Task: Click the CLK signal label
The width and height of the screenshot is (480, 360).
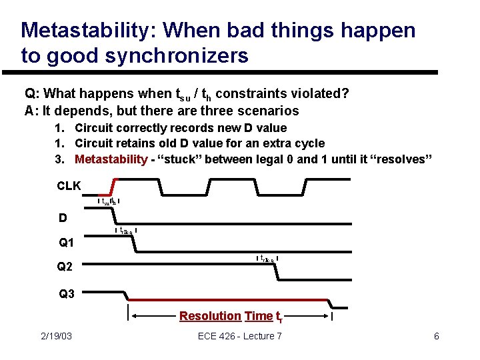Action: [69, 185]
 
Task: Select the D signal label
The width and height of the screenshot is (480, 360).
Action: [63, 218]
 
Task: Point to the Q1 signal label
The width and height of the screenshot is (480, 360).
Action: [67, 242]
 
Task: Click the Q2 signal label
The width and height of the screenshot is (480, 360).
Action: [66, 267]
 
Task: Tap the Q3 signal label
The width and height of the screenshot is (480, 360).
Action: [67, 293]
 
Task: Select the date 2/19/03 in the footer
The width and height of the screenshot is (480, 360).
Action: [55, 336]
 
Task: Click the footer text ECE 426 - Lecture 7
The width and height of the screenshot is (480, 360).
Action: [240, 336]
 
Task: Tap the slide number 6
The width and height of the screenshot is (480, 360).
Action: [436, 336]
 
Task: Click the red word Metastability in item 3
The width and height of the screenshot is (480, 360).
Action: [111, 159]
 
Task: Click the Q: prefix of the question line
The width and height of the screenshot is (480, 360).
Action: [32, 93]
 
